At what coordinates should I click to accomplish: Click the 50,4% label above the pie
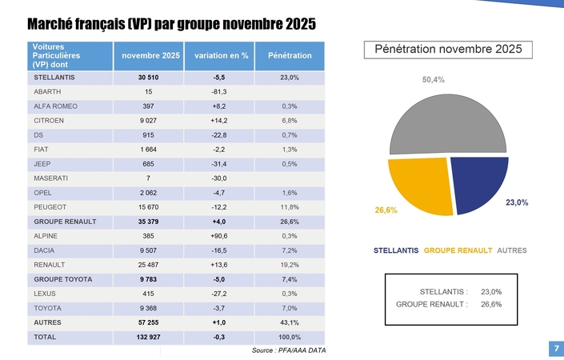[433, 80]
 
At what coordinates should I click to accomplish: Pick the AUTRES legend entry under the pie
[512, 250]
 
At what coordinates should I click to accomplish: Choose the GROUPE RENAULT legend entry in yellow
[457, 250]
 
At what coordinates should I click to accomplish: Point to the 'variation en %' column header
[216, 56]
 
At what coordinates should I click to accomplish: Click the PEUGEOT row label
[49, 206]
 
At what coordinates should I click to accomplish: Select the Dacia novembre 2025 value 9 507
[148, 250]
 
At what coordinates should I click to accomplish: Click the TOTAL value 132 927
[148, 337]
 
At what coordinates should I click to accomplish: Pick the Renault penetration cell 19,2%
[290, 264]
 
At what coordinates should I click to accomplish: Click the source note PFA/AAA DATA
[288, 351]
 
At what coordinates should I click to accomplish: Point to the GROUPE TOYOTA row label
[63, 278]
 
